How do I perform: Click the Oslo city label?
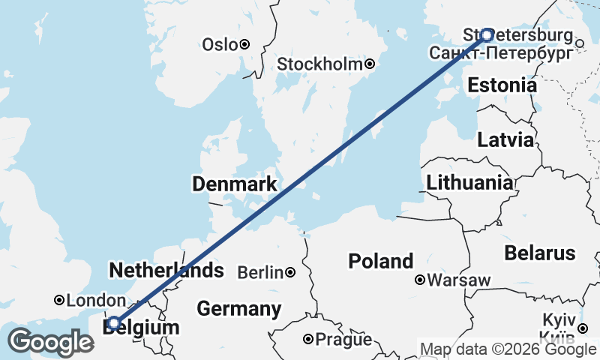[220, 45]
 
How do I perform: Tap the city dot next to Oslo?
[244, 45]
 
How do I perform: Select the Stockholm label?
[320, 64]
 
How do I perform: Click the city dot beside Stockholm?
[370, 64]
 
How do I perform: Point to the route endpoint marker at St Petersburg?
[487, 34]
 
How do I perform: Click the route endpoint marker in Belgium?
[113, 323]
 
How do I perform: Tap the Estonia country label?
[502, 85]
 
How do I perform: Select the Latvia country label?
[505, 140]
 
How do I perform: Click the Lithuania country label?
[469, 182]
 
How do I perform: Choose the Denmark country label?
[234, 184]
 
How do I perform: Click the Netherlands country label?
[166, 270]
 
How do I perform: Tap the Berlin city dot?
[289, 272]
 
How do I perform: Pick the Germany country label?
[238, 308]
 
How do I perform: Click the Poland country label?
[380, 261]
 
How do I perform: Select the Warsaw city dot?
[420, 280]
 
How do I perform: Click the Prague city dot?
[307, 339]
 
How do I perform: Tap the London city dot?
[59, 300]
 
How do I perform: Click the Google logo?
[50, 342]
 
